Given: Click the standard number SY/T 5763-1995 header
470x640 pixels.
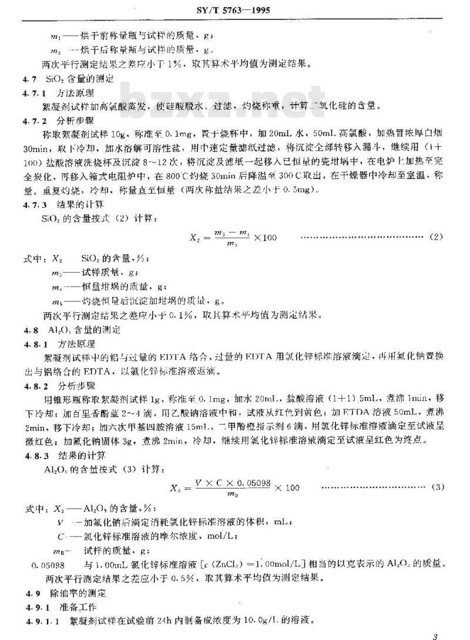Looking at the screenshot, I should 234,10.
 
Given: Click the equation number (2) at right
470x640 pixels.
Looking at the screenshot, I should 435,237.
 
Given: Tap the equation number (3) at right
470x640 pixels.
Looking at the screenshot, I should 438,487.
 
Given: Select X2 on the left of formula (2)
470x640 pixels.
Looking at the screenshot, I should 196,237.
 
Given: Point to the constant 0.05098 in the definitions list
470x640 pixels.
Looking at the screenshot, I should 48,565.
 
